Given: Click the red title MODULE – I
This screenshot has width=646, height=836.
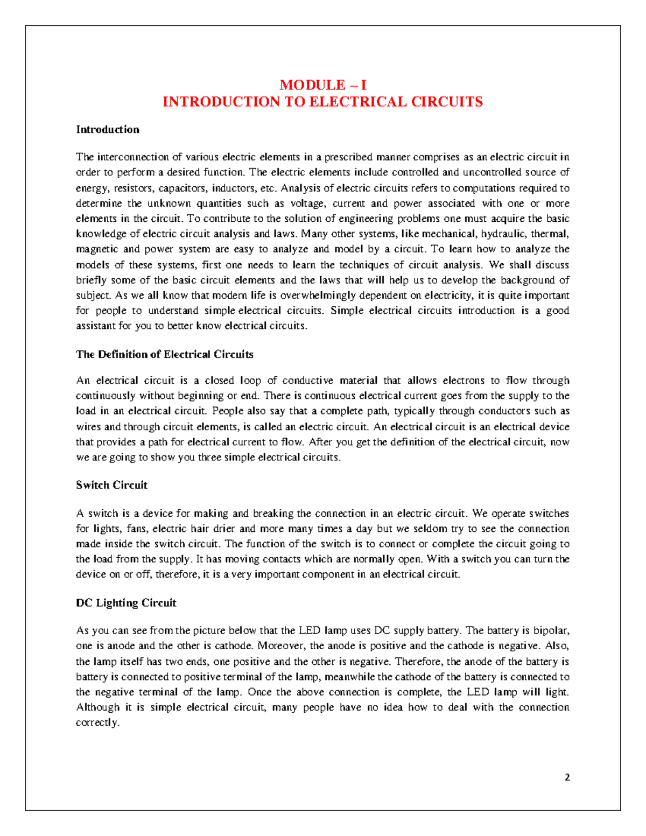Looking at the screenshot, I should (x=323, y=85).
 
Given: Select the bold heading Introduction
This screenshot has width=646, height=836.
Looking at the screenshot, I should (x=108, y=130).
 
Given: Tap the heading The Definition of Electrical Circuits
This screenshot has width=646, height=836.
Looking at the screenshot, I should (x=165, y=354).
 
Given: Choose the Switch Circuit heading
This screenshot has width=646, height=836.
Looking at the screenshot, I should (x=111, y=485).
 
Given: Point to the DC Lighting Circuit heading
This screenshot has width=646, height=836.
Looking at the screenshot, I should (x=126, y=603).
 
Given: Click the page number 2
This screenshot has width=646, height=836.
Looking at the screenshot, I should (x=567, y=777).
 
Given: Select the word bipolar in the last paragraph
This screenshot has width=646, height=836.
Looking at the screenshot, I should (x=551, y=630).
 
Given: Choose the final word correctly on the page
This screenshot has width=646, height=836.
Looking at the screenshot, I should (x=97, y=723).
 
